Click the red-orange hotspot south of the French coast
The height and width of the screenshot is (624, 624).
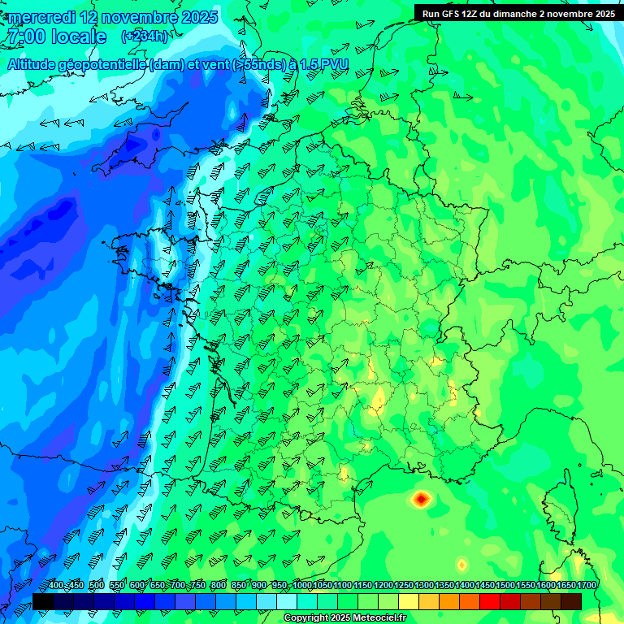(421, 499)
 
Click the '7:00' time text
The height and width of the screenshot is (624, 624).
(24, 37)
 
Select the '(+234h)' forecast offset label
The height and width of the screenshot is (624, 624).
(145, 37)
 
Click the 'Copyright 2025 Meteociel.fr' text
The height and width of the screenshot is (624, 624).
(344, 618)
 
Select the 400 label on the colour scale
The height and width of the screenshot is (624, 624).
(56, 586)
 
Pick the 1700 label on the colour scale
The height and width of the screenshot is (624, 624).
(587, 586)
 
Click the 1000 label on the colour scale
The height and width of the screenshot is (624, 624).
(302, 586)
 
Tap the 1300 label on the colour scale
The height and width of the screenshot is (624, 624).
(424, 586)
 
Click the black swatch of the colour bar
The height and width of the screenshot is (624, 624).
(43, 601)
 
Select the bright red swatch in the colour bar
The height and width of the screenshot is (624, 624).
(490, 601)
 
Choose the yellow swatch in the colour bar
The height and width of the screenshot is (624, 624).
(409, 601)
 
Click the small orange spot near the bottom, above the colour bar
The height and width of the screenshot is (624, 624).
(461, 564)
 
